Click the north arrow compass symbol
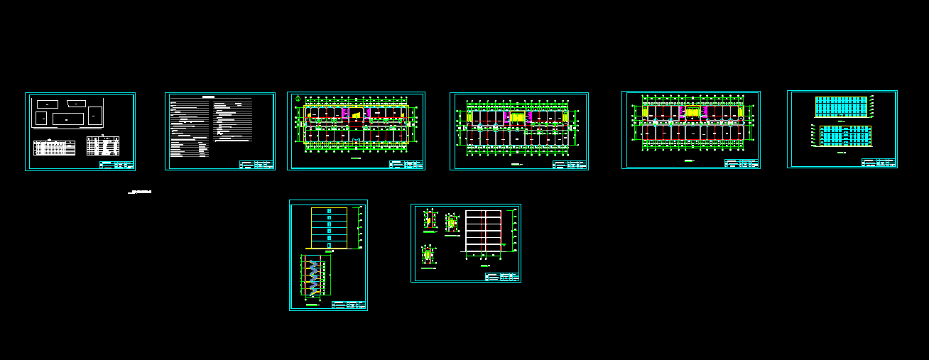click(298, 98)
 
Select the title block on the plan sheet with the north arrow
click(406, 164)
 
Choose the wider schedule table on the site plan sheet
click(55, 148)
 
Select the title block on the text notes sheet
click(256, 164)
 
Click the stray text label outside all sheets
click(140, 192)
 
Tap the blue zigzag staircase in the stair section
click(312, 277)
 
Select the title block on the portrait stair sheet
click(349, 305)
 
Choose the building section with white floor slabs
click(484, 231)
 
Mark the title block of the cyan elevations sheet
click(879, 163)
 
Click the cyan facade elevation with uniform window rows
click(842, 107)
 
